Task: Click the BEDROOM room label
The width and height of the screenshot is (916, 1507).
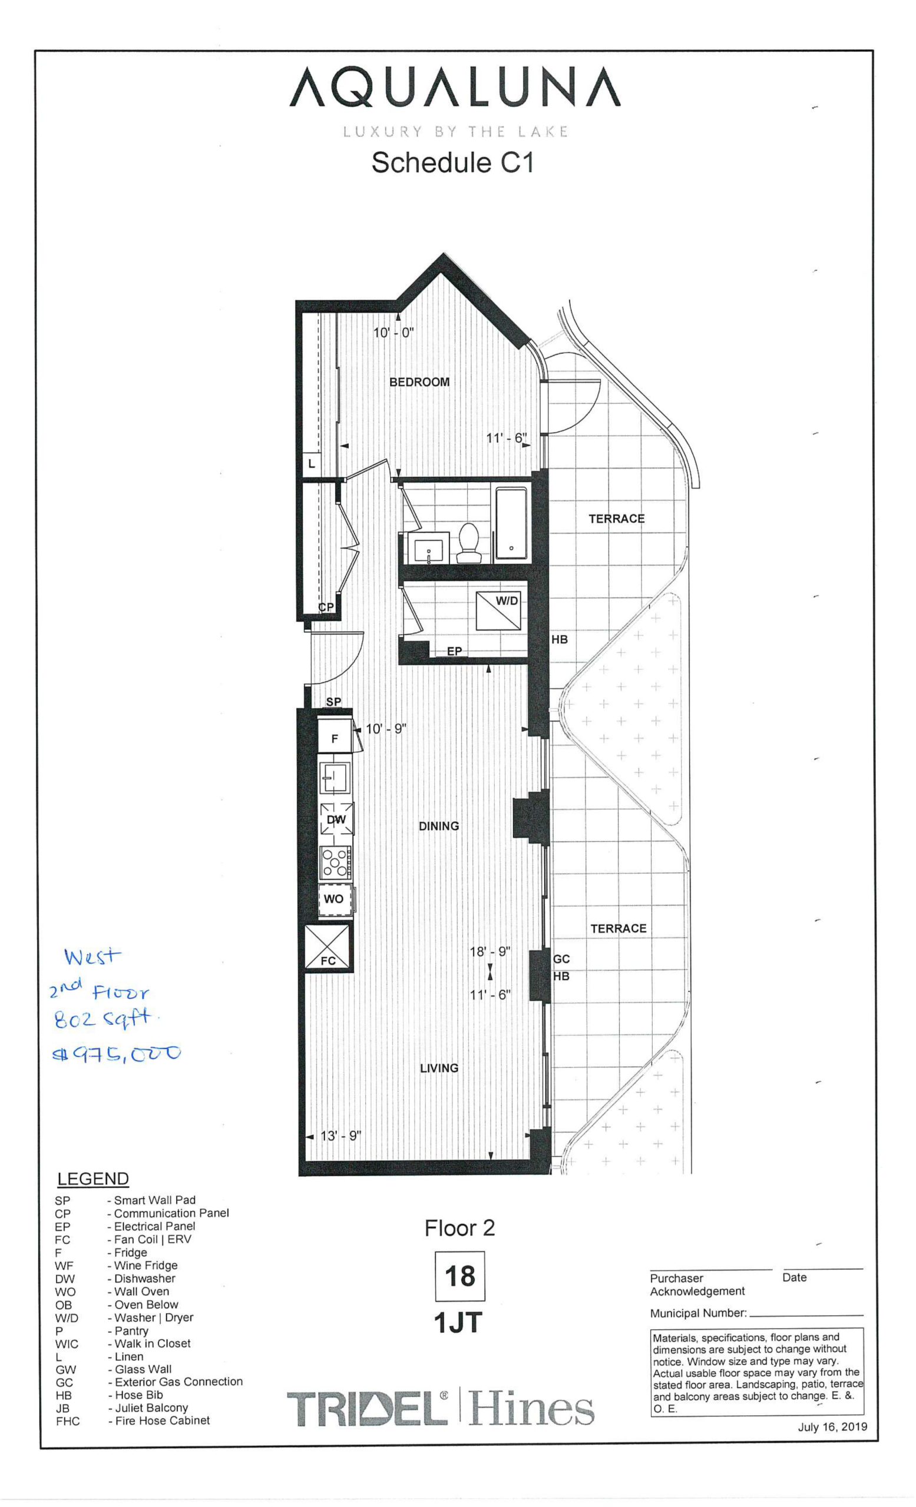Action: (419, 381)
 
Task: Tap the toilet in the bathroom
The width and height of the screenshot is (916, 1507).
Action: (469, 542)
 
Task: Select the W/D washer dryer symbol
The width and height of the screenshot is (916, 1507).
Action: (499, 610)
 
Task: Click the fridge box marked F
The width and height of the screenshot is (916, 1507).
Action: (334, 736)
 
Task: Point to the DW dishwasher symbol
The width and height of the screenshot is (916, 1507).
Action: (336, 819)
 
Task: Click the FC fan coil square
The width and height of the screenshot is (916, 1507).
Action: (328, 947)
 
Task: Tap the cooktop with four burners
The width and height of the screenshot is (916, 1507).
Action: (335, 862)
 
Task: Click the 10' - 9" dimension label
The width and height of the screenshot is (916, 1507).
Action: (385, 729)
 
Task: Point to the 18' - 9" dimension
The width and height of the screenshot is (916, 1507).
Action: (490, 952)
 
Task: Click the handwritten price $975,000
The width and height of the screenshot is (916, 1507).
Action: (117, 1054)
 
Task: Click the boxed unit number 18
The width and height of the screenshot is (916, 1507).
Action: (459, 1276)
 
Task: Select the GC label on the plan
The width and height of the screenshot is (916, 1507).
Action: (561, 959)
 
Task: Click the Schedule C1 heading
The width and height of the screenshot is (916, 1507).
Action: (453, 162)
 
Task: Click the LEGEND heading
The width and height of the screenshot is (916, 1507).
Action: (93, 1179)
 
